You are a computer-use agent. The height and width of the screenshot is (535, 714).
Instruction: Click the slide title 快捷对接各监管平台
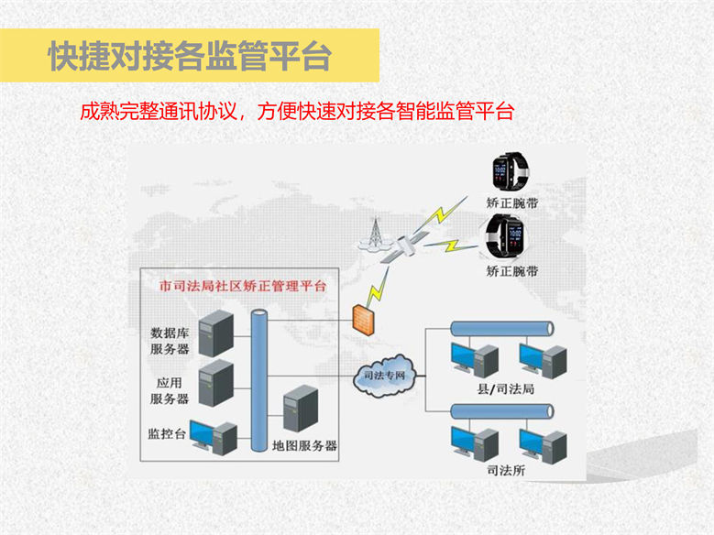[x=190, y=57]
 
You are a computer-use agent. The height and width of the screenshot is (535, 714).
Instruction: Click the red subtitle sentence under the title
[x=297, y=113]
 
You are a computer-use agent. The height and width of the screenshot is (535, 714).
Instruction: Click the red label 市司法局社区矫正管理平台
[x=242, y=287]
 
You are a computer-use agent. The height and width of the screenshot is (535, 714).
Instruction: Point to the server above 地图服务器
[x=300, y=410]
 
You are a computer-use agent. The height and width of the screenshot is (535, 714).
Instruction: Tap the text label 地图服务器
[x=305, y=446]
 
